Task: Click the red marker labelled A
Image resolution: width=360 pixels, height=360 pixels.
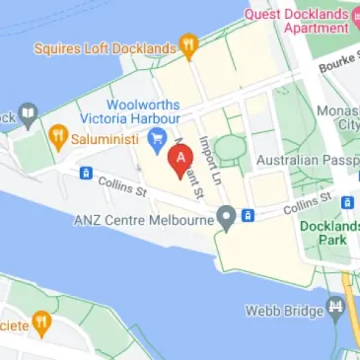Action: coord(180,159)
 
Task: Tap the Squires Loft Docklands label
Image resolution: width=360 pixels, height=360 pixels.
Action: coord(104,46)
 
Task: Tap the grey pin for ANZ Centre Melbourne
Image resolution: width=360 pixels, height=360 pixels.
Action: coord(227,217)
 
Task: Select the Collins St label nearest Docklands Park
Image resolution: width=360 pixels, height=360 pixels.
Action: coord(305,207)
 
